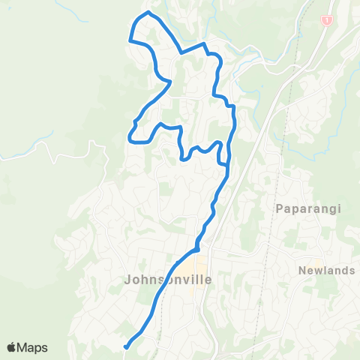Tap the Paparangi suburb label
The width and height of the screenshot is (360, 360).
click(x=303, y=208)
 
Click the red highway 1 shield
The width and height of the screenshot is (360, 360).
click(x=326, y=20)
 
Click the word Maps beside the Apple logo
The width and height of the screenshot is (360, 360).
click(x=33, y=347)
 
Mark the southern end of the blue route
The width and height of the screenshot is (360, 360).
click(x=126, y=346)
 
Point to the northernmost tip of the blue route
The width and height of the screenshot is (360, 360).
click(x=148, y=13)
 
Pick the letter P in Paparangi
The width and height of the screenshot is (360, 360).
click(x=280, y=208)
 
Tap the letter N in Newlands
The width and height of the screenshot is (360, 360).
click(x=301, y=271)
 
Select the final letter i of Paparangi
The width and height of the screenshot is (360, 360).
click(x=328, y=208)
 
